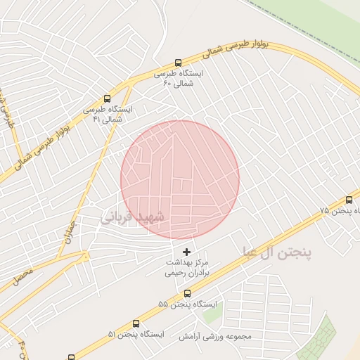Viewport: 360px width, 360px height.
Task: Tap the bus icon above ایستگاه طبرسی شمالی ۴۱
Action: (x=107, y=99)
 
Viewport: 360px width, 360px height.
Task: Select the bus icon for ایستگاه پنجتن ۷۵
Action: (x=349, y=200)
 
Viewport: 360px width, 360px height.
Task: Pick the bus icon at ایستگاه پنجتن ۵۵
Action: (x=187, y=293)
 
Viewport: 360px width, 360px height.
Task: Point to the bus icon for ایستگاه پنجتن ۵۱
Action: (x=135, y=323)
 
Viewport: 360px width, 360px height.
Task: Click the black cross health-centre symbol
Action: (x=186, y=252)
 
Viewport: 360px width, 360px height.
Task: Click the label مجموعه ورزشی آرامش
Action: (x=210, y=336)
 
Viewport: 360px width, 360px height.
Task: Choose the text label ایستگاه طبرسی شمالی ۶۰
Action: (x=177, y=78)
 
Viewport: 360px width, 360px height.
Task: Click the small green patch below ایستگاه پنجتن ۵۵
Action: (x=212, y=313)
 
